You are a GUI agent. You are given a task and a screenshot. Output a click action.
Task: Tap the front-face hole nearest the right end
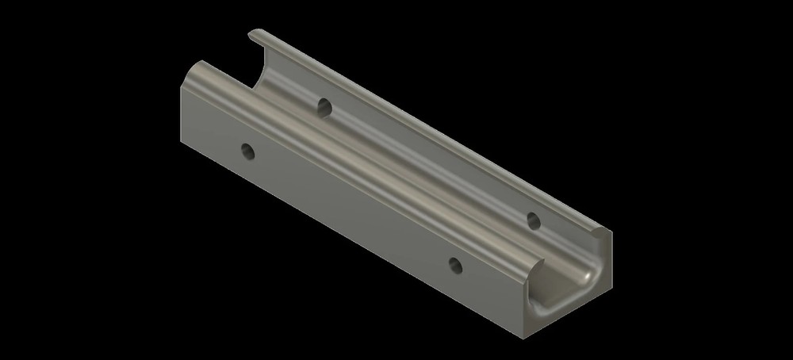(454, 265)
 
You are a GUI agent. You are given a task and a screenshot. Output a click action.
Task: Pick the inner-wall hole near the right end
(534, 219)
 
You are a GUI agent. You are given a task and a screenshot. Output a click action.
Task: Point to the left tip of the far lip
(252, 33)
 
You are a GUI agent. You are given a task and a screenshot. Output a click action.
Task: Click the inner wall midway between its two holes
(428, 162)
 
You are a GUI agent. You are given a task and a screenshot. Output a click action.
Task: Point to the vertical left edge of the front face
(181, 119)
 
